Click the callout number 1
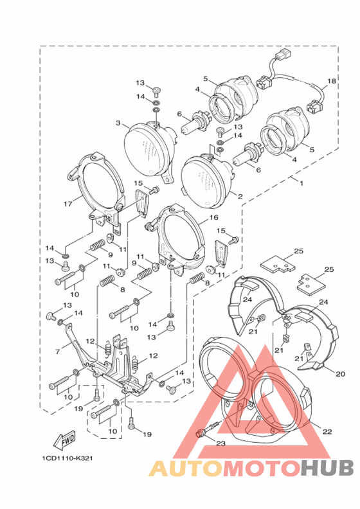click(x=301, y=183)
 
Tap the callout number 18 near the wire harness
click(x=332, y=81)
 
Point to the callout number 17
click(x=68, y=204)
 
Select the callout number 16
click(x=214, y=217)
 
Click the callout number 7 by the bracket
click(x=58, y=352)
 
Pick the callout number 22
click(x=327, y=431)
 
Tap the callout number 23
click(x=221, y=443)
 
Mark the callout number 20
click(x=340, y=374)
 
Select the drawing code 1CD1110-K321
click(x=67, y=458)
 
